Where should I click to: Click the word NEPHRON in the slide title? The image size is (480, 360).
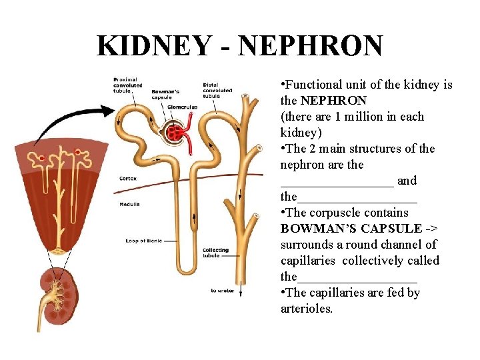tap(310, 46)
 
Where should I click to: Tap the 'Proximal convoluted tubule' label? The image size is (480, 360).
tap(127, 85)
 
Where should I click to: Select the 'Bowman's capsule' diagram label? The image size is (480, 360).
tap(165, 94)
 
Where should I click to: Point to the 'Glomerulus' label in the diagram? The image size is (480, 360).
tap(181, 106)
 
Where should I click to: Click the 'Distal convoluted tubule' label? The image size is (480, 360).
tap(217, 90)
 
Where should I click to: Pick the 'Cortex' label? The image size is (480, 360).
tap(128, 178)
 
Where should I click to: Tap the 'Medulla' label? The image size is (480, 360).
tap(129, 203)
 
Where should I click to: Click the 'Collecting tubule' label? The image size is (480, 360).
tap(215, 253)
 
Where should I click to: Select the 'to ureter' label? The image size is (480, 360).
tap(223, 290)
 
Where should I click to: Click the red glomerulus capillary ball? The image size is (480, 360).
tap(176, 132)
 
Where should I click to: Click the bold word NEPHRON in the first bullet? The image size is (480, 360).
tap(333, 101)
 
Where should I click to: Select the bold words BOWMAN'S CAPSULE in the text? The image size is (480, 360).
tap(351, 229)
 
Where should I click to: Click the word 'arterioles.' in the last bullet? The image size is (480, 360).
tap(307, 309)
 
